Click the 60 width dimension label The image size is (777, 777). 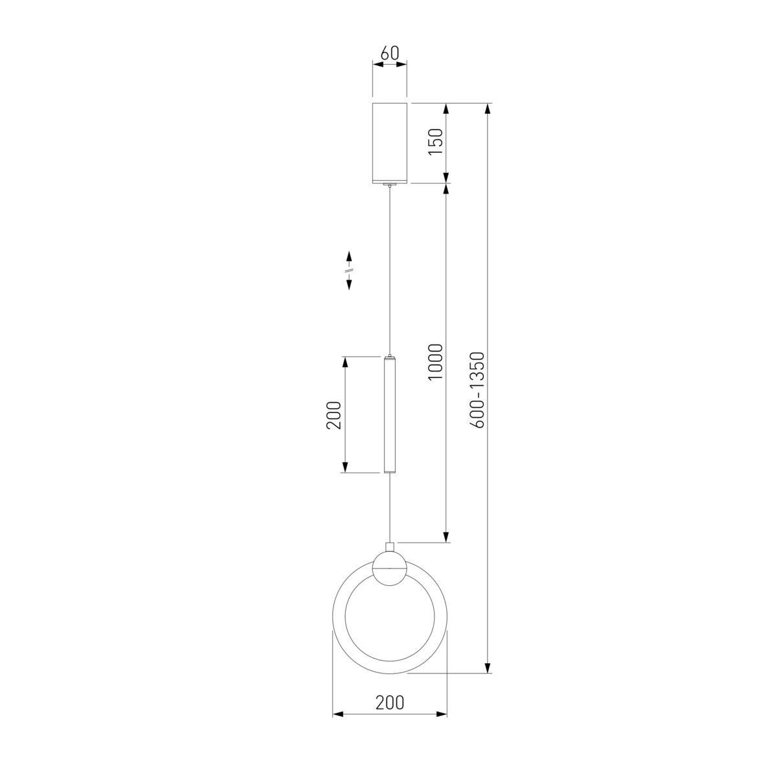click(x=390, y=53)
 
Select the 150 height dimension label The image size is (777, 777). click(x=436, y=142)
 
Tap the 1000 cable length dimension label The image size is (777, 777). click(x=436, y=362)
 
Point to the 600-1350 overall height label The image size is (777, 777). click(x=477, y=390)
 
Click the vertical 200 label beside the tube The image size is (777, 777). click(x=333, y=415)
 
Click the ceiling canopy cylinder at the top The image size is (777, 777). click(x=390, y=143)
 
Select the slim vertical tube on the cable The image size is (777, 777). click(x=390, y=414)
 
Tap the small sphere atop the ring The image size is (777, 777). click(x=390, y=569)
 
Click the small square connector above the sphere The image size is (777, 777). click(x=390, y=547)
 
